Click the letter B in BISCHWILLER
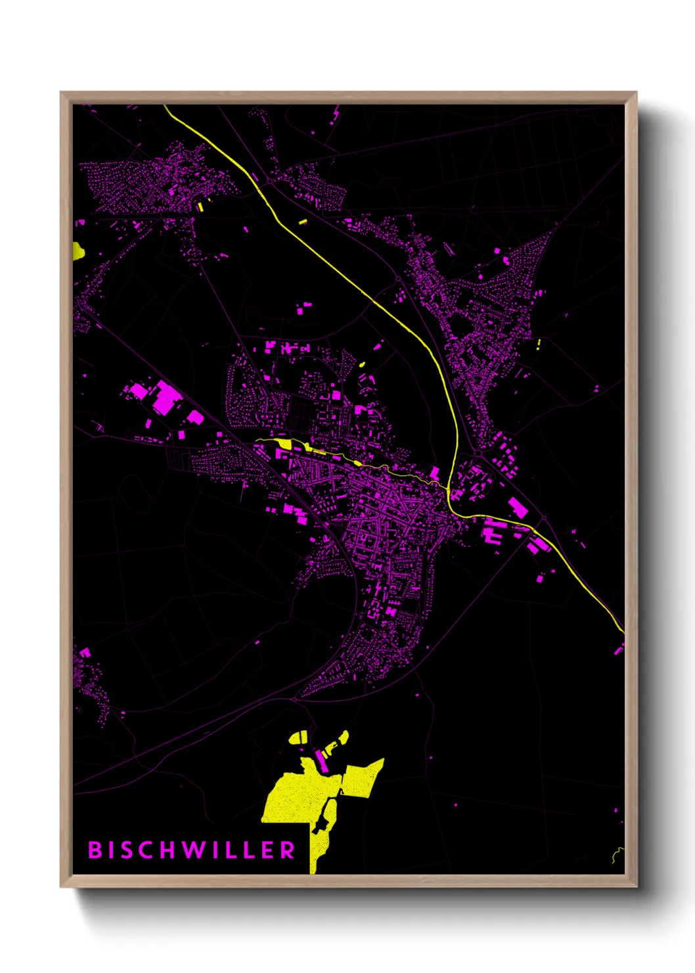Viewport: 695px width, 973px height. (x=95, y=850)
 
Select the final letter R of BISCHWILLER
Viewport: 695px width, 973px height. (x=288, y=850)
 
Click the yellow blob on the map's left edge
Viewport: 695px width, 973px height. (x=78, y=251)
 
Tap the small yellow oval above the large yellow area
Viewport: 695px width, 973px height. (x=299, y=737)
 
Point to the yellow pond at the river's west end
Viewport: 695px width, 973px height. (x=284, y=444)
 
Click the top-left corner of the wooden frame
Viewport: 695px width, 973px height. (x=62, y=93)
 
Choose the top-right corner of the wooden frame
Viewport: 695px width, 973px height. (x=636, y=93)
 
